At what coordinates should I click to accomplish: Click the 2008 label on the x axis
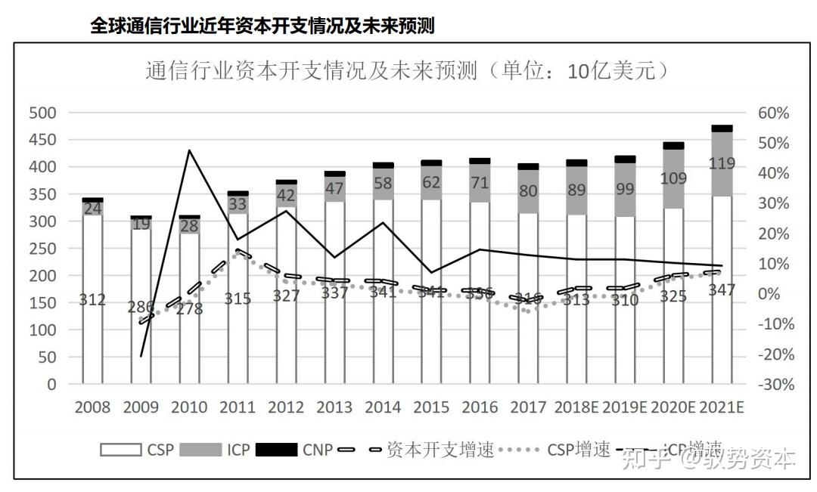(x=92, y=407)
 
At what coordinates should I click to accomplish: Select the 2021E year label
(x=721, y=407)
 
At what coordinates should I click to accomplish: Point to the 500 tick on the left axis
(x=43, y=113)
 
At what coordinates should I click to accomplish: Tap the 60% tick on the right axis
(x=773, y=113)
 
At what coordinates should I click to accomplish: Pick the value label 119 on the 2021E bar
(x=721, y=163)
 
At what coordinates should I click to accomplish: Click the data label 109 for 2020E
(x=673, y=179)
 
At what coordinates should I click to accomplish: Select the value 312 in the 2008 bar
(x=92, y=300)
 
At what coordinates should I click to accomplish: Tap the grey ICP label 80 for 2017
(x=529, y=190)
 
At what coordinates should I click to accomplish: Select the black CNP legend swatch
(x=276, y=450)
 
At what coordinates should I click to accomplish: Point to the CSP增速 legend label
(x=579, y=450)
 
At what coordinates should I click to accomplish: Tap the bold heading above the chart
(x=262, y=26)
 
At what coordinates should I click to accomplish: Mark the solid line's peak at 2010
(x=189, y=150)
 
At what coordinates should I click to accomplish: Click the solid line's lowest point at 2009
(x=141, y=355)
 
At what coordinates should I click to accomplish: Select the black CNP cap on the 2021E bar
(x=721, y=128)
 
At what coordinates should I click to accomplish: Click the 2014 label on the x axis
(x=383, y=407)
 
